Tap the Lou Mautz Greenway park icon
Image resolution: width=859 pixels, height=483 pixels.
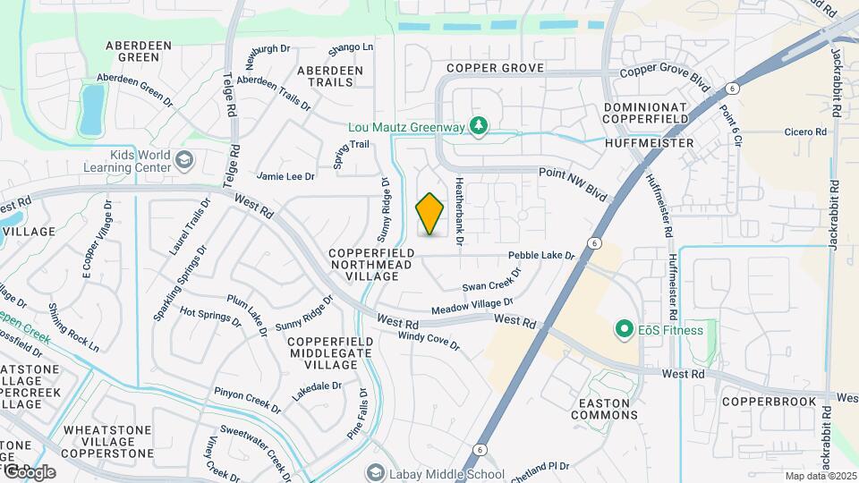point(480,126)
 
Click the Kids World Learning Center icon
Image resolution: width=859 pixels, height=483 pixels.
point(184,161)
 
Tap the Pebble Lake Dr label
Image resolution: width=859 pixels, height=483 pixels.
point(541,256)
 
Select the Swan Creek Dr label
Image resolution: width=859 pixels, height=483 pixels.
point(491,285)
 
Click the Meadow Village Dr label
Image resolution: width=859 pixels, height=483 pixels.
point(472,307)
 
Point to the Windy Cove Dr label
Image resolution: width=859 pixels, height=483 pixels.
point(428,341)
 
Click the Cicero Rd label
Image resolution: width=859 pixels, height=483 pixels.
point(806,132)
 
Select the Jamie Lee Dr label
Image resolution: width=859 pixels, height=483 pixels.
point(285,177)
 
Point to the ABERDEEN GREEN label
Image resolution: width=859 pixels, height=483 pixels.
point(132,51)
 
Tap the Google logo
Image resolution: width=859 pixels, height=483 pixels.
point(29,471)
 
